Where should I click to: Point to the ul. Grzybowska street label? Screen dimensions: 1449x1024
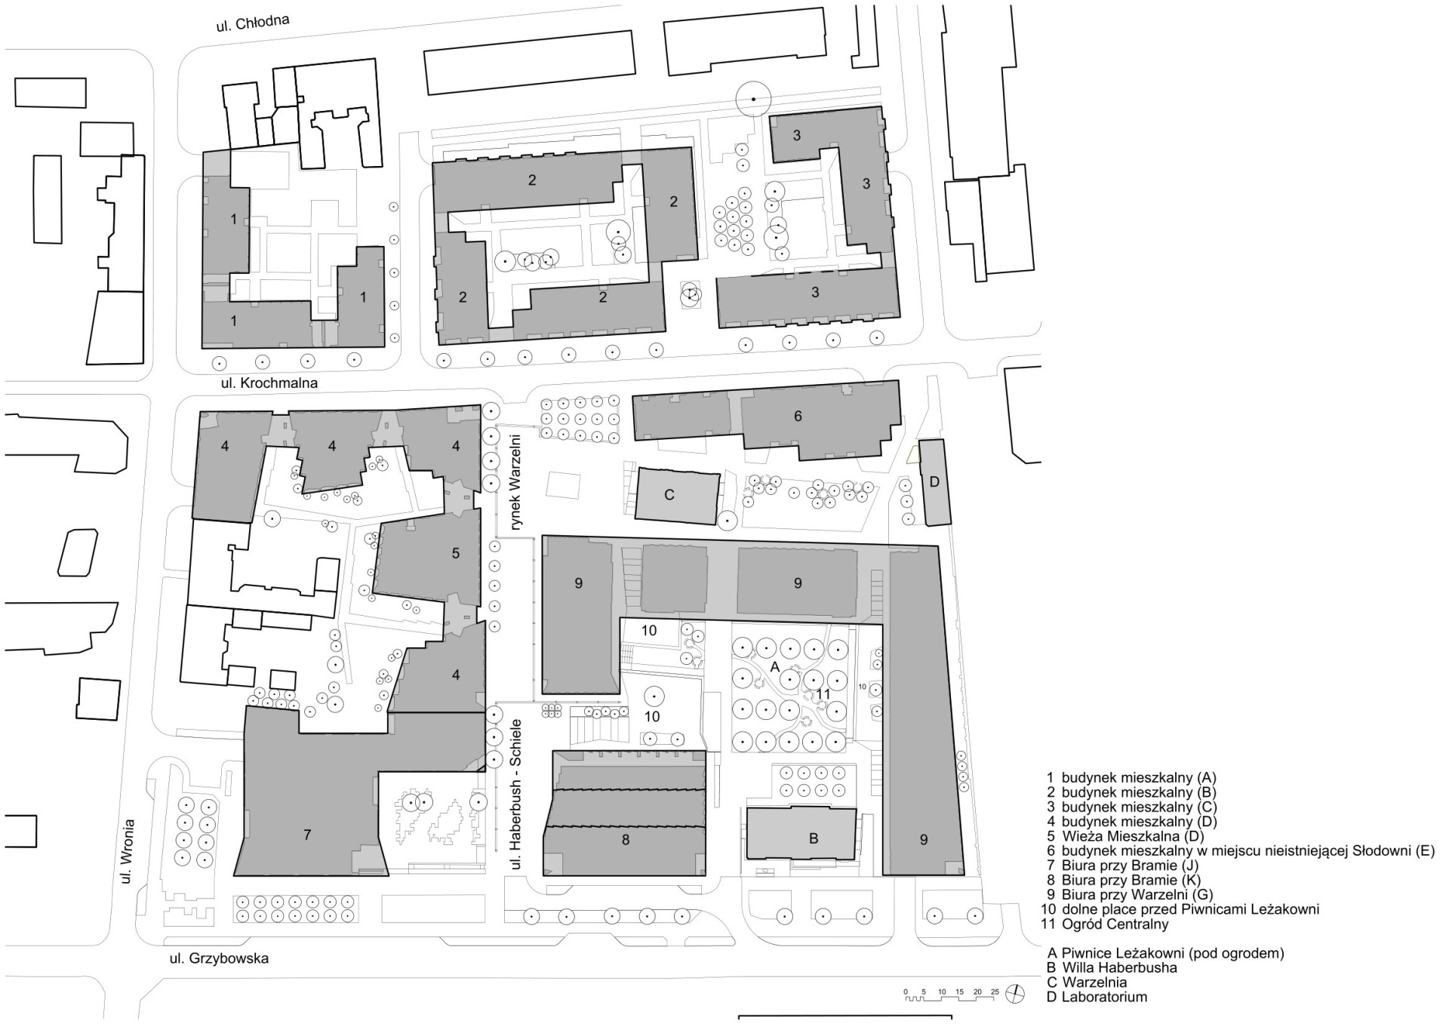point(219,959)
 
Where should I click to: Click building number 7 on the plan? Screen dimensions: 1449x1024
point(307,835)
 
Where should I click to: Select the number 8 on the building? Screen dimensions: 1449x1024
point(626,838)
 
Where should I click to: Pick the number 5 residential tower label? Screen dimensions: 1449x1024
point(456,553)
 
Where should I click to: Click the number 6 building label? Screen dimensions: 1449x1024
point(798,416)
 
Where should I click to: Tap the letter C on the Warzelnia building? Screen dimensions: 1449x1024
point(669,495)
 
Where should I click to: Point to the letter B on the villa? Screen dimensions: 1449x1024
point(814,838)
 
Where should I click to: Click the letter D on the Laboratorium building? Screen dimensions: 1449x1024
point(934,482)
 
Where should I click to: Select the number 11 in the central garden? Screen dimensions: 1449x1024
point(823,693)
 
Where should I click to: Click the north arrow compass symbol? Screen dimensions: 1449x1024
point(1017,995)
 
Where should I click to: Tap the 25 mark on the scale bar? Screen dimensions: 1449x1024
point(995,991)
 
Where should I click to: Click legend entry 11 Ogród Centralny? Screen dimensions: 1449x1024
point(1107,924)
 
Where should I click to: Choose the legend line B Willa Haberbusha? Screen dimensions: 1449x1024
point(1112,967)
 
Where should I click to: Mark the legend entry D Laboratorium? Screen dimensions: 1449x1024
point(1097,997)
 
